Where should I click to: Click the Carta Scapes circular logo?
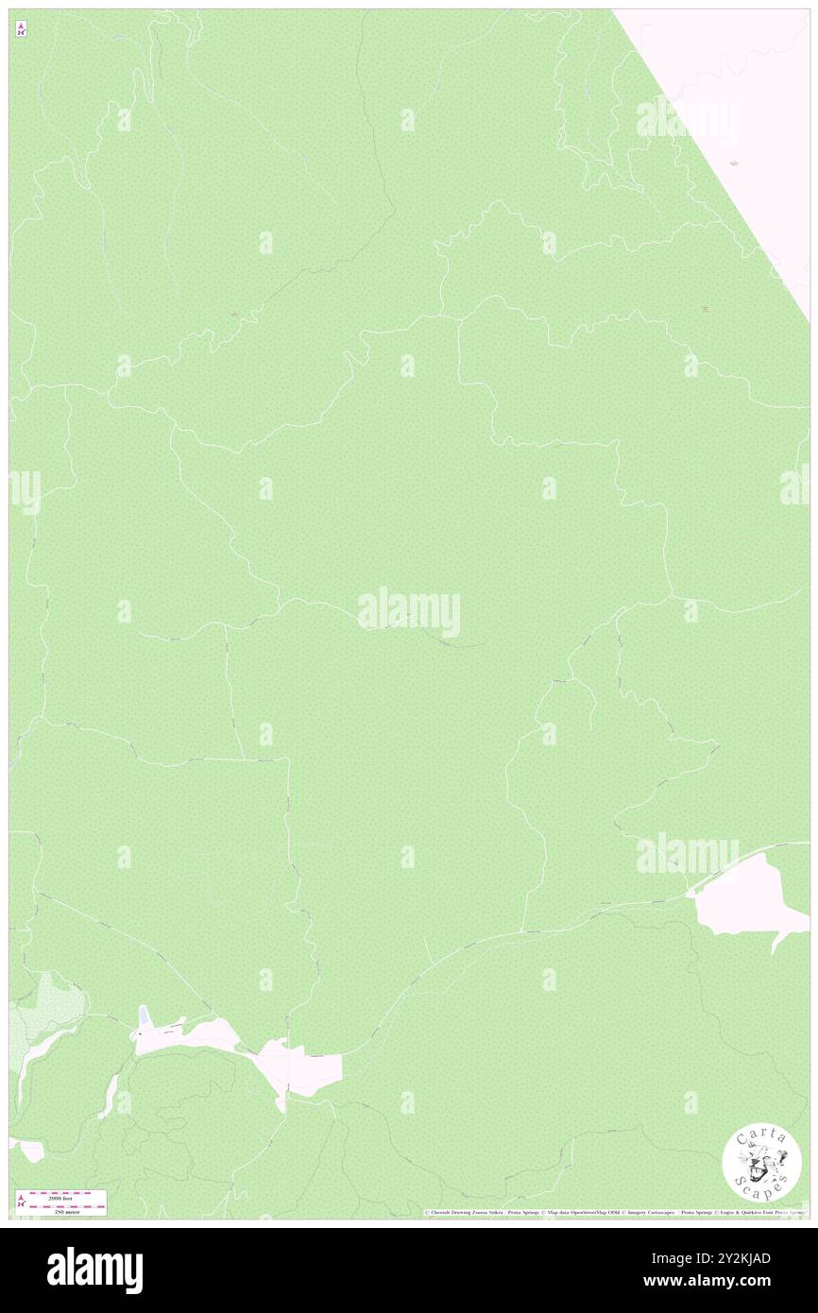[x=761, y=1164]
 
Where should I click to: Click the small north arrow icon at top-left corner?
[x=21, y=29]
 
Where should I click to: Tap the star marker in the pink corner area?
[x=734, y=164]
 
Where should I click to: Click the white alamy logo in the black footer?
[x=94, y=1270]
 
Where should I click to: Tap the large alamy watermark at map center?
[x=409, y=612]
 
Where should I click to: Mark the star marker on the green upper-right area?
[x=707, y=309]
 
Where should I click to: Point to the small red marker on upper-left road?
[x=234, y=314]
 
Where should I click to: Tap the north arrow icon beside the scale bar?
[x=21, y=1202]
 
